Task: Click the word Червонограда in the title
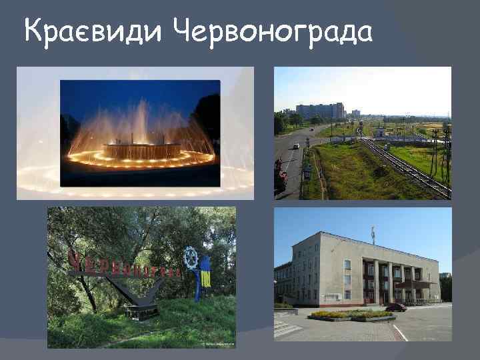click(273, 30)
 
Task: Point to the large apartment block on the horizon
click(320, 111)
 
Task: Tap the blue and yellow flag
click(205, 273)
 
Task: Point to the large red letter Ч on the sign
click(75, 257)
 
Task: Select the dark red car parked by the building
click(395, 307)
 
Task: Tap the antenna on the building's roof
click(373, 235)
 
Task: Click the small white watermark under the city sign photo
click(217, 345)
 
